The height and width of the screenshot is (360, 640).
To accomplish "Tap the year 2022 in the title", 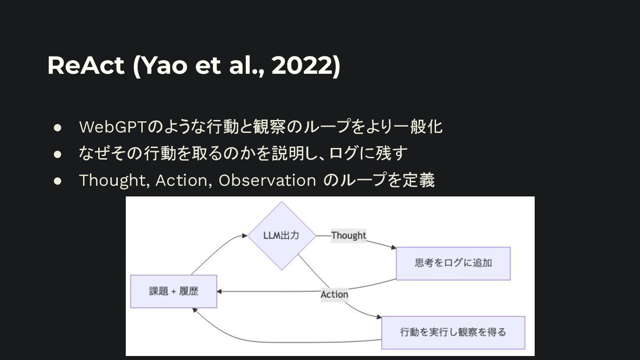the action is (302, 65).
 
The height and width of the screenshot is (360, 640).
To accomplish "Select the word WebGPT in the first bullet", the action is (112, 127).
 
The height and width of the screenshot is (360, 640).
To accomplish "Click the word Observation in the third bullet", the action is (267, 180).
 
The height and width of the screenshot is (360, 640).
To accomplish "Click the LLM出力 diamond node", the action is (281, 236).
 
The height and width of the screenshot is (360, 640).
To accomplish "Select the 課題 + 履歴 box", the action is (173, 292).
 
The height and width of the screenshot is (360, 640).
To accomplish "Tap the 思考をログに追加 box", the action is (453, 263).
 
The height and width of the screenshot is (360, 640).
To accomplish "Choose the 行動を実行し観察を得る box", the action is (453, 332).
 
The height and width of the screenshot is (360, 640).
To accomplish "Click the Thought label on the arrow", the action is (348, 236).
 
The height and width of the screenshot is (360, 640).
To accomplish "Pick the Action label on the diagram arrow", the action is (334, 295).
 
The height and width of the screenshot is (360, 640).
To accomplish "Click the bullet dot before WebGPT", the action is (57, 128).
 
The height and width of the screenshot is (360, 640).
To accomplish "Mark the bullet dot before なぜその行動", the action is (57, 154).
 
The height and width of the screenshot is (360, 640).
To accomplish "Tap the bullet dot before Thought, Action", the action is (57, 180).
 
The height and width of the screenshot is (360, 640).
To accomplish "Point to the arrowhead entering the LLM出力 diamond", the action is (245, 236).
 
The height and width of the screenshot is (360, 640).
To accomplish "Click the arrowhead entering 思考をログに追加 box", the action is (393, 248).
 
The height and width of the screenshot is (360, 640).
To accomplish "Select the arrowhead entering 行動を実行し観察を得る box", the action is (379, 317).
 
